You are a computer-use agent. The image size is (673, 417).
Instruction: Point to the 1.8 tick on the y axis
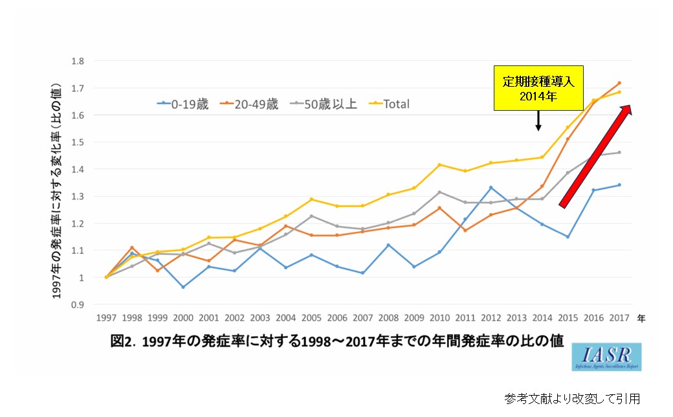(x=78, y=61)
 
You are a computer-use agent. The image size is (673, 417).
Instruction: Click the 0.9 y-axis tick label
(x=78, y=304)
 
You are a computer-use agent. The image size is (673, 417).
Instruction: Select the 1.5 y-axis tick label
(x=78, y=142)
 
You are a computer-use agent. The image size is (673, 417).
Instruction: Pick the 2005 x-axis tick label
(x=311, y=319)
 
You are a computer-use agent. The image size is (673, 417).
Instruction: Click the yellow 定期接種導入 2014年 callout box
(x=538, y=87)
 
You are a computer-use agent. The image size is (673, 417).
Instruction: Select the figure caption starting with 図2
(x=336, y=341)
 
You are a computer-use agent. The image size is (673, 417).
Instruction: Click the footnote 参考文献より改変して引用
(x=572, y=397)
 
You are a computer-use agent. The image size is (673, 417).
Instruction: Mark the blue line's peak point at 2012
(x=491, y=188)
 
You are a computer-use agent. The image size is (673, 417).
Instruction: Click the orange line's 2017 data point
(x=619, y=83)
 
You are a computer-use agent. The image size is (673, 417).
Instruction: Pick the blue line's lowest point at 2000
(x=183, y=287)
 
